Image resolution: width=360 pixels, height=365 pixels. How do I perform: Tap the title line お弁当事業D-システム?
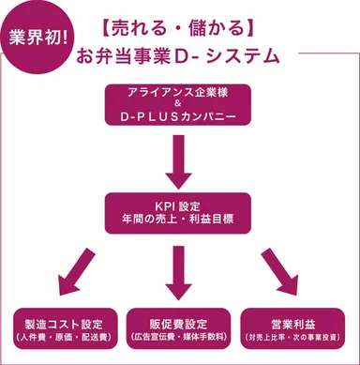coord(179,55)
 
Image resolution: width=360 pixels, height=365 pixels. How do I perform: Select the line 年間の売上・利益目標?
coord(178,218)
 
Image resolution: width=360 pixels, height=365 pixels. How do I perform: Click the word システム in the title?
coord(247,55)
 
